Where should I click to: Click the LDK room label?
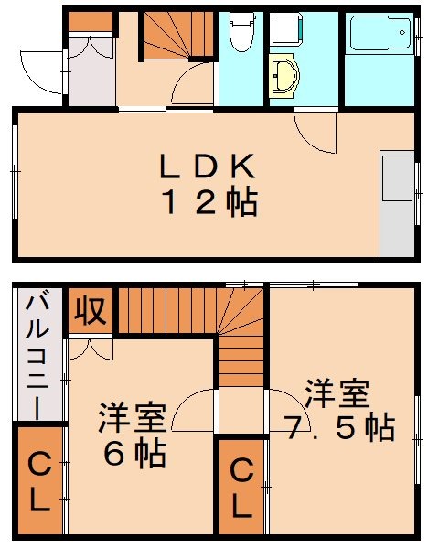click(207, 167)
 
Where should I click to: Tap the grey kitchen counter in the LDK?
click(397, 205)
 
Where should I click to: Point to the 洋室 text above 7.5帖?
click(337, 394)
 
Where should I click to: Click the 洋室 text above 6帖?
click(133, 419)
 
